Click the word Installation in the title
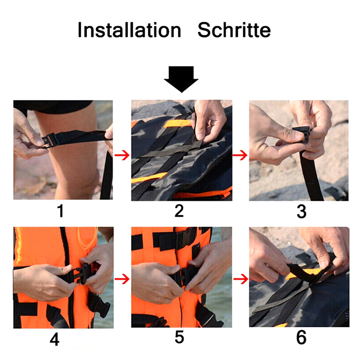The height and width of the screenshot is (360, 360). coord(130,30)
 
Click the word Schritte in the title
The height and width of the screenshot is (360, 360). coord(234,30)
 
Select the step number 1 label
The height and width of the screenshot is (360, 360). coord(60,211)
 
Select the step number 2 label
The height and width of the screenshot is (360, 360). coord(179,211)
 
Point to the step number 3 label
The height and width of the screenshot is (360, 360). coord(301,211)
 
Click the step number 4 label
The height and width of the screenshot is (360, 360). coord(54,340)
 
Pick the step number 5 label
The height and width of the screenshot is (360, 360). coord(179,337)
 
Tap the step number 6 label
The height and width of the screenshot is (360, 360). coord(301,337)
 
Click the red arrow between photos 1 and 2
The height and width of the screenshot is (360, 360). coord(122,155)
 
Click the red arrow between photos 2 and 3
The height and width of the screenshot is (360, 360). coord(240,155)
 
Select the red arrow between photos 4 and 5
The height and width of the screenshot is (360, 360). coord(122,279)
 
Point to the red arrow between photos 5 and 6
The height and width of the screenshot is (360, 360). coord(241,279)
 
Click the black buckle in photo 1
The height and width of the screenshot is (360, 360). coord(49,140)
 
